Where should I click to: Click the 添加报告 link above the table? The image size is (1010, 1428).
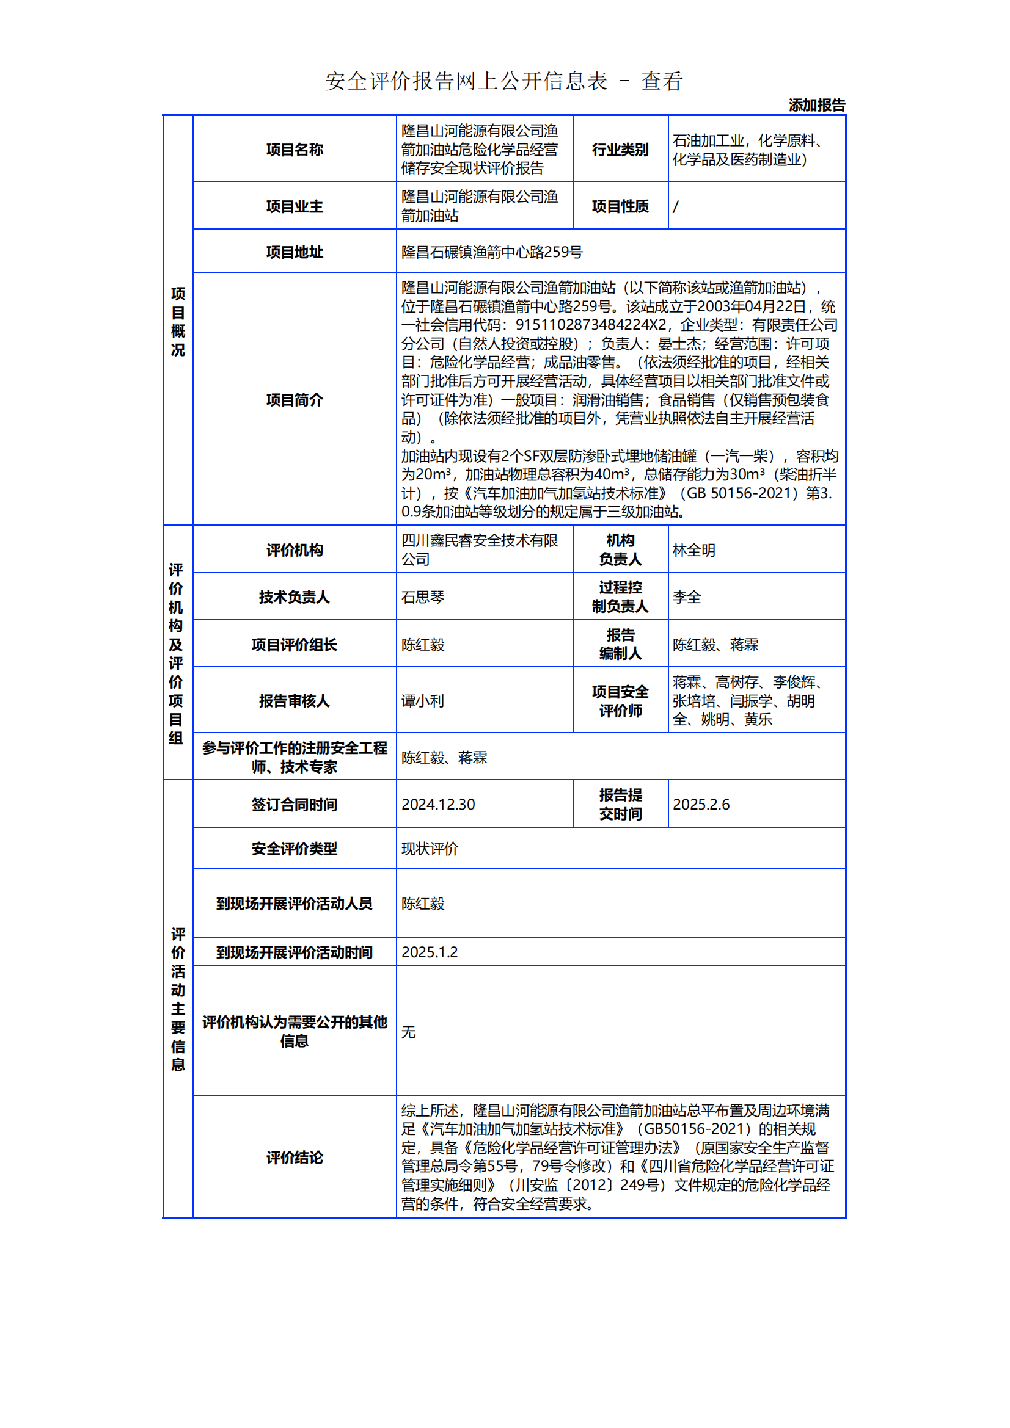click(816, 105)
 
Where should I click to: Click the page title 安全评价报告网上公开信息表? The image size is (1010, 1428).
click(466, 81)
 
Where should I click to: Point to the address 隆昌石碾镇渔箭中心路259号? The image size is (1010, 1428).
click(492, 252)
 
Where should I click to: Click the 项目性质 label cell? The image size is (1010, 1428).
click(620, 206)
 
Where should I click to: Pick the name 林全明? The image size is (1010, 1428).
click(694, 551)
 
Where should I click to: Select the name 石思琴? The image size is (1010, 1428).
click(423, 597)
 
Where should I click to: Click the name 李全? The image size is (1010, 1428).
click(686, 597)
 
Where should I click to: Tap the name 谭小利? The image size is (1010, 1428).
click(423, 701)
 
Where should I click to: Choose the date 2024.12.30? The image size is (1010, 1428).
click(438, 804)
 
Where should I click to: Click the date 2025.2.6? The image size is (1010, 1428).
click(701, 804)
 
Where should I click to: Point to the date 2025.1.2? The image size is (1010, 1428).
click(430, 952)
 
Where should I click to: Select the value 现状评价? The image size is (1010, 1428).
click(430, 849)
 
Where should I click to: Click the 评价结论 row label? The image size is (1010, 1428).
click(295, 1158)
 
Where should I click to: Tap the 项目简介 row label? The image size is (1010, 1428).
click(295, 400)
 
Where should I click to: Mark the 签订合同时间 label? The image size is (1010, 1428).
click(295, 805)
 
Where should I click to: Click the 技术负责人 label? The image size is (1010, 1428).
click(295, 597)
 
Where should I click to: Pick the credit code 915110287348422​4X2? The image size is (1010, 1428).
click(590, 325)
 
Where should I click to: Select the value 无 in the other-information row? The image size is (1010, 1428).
click(408, 1032)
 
